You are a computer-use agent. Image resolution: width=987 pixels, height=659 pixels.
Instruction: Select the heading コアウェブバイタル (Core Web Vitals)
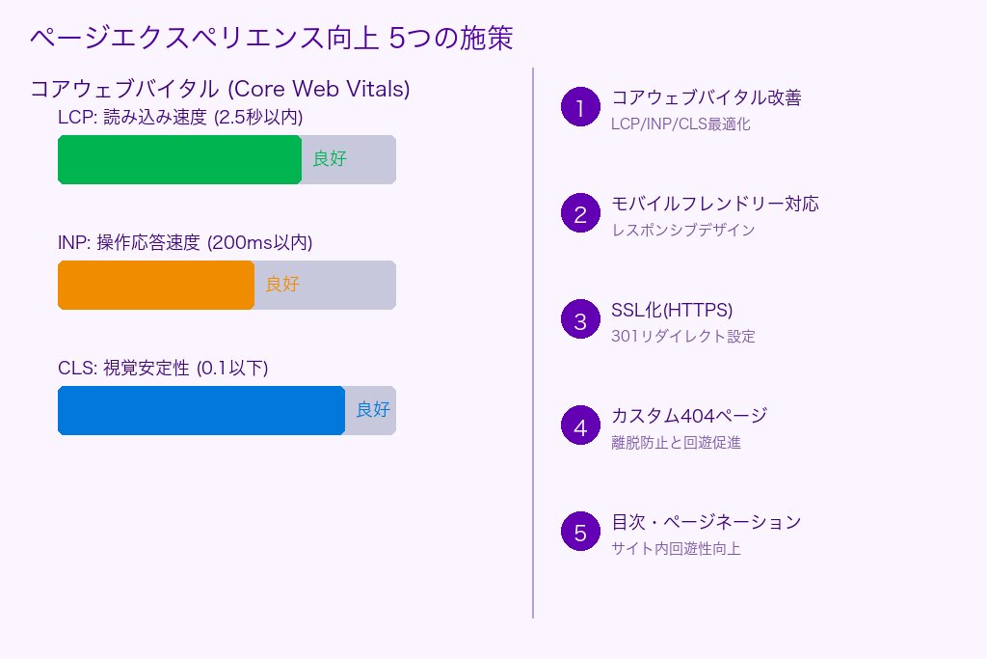tap(221, 89)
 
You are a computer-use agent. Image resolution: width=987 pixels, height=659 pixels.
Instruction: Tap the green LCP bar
tap(179, 159)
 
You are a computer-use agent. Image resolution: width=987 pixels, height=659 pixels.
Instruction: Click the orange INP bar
tap(156, 285)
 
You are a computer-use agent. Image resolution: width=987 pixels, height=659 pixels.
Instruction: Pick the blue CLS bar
tap(201, 410)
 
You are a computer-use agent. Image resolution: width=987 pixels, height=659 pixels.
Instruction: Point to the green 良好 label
tap(330, 159)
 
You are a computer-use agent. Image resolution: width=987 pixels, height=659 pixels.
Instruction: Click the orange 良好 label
tap(282, 285)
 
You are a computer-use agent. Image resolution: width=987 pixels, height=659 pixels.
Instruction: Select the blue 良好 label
tap(373, 410)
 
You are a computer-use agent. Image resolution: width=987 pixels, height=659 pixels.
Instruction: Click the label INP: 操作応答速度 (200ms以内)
tap(185, 243)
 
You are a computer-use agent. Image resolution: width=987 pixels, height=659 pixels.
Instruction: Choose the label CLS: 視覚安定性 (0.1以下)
tap(163, 369)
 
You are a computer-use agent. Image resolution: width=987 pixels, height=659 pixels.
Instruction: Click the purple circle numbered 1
tap(580, 108)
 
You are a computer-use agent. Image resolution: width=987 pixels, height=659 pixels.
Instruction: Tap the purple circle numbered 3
tap(580, 320)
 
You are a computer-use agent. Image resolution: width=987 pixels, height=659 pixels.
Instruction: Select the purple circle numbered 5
tap(580, 533)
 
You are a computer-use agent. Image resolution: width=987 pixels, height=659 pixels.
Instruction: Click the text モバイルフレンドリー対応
tap(715, 204)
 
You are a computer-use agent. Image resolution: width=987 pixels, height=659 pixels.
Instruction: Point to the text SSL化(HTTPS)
tap(672, 310)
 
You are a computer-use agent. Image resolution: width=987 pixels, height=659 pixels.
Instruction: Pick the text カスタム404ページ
tap(689, 416)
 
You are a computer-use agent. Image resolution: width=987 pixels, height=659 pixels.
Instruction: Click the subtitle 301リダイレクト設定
tap(683, 337)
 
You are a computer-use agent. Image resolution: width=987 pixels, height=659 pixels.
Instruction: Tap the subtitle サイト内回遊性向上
tap(676, 549)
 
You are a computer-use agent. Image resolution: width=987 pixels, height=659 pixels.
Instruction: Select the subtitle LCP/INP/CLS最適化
tap(680, 124)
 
